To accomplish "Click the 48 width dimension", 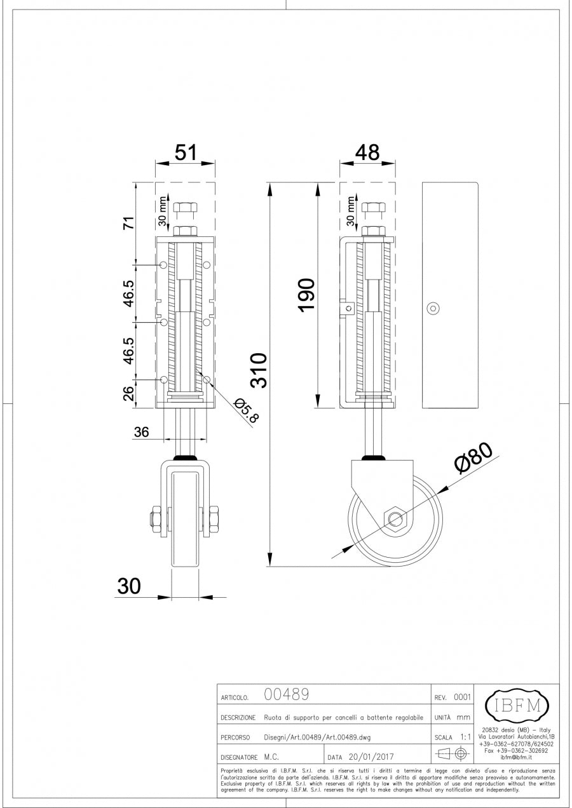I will [368, 152].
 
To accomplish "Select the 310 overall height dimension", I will [259, 370].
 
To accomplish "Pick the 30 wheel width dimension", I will [129, 586].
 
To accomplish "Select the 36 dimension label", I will [141, 432].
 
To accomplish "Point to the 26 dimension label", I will [129, 394].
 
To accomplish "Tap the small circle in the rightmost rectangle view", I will [432, 307].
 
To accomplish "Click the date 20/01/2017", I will [372, 757].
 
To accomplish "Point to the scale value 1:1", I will [465, 737].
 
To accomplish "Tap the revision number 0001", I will [461, 697].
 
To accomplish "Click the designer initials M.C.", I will [271, 757].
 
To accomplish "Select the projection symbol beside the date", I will [453, 755].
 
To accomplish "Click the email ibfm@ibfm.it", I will [516, 757].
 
